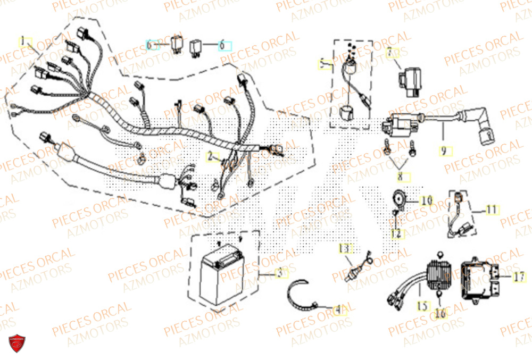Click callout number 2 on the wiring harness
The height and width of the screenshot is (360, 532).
click(211, 157)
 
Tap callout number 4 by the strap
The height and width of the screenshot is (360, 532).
click(337, 308)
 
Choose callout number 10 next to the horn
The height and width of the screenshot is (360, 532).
click(426, 201)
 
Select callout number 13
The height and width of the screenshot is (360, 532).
click(345, 248)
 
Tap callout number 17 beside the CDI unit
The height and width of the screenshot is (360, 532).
click(520, 277)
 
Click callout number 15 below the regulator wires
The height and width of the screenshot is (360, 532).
click(422, 307)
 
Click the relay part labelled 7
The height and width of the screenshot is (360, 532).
click(406, 80)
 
